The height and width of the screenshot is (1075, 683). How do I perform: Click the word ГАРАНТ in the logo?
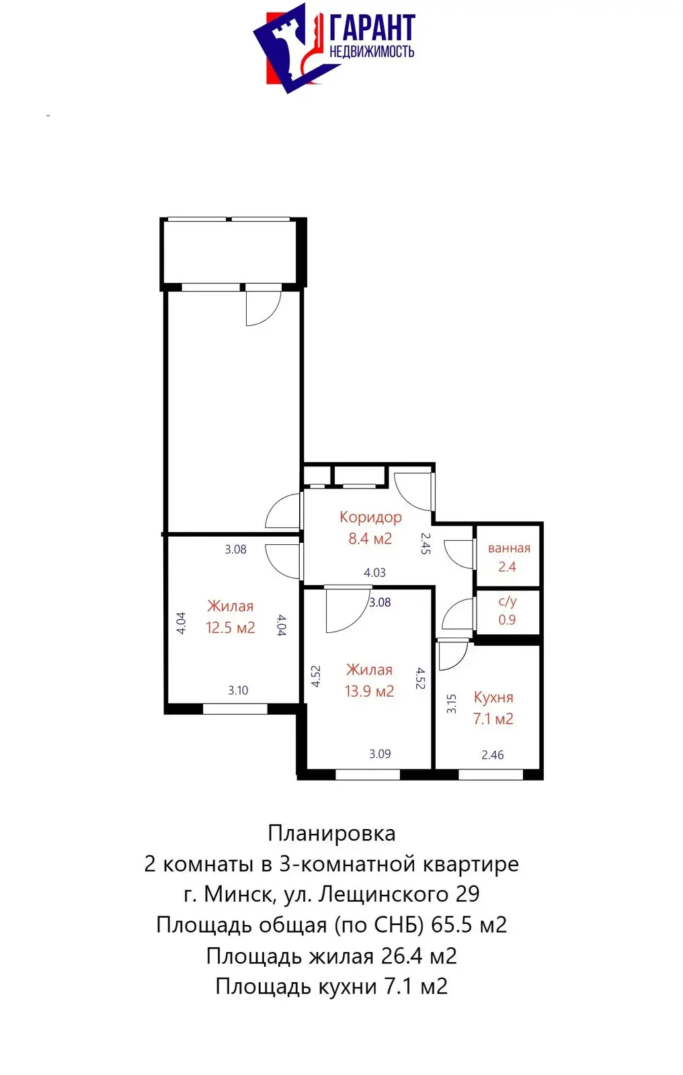pyautogui.click(x=372, y=28)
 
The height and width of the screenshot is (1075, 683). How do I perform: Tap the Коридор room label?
pyautogui.click(x=370, y=517)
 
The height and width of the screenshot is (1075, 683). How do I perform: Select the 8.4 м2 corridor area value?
pyautogui.click(x=370, y=538)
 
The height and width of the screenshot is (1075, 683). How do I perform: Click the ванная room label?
pyautogui.click(x=509, y=548)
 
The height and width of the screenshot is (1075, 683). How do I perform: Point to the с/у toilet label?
pyautogui.click(x=508, y=601)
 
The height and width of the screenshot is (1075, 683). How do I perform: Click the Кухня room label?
pyautogui.click(x=493, y=697)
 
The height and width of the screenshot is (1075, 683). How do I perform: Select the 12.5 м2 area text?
pyautogui.click(x=230, y=628)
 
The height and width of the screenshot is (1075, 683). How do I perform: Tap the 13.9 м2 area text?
pyautogui.click(x=369, y=691)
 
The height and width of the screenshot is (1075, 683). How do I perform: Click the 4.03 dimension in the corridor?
pyautogui.click(x=374, y=572)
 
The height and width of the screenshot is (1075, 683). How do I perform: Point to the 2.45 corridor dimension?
pyautogui.click(x=425, y=543)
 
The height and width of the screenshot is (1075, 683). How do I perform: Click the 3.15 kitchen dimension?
pyautogui.click(x=452, y=703)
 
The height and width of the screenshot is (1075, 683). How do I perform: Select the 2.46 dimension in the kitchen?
pyautogui.click(x=492, y=755)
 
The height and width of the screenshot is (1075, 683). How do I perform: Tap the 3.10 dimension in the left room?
pyautogui.click(x=238, y=690)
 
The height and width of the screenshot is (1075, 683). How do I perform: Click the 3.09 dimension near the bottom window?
pyautogui.click(x=380, y=753)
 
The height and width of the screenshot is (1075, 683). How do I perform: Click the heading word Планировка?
pyautogui.click(x=331, y=833)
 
